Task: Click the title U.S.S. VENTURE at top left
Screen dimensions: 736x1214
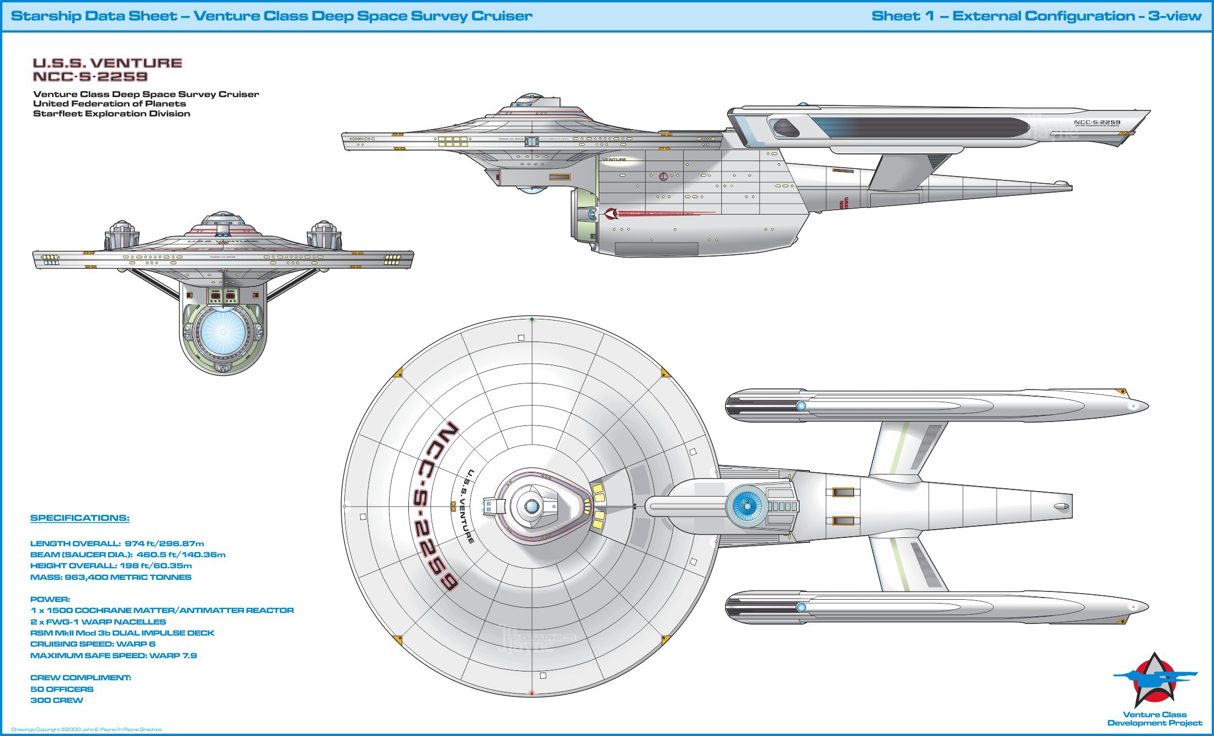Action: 108,63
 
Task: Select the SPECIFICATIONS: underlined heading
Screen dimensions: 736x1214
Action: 80,518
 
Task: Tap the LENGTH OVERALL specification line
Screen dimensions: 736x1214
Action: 117,543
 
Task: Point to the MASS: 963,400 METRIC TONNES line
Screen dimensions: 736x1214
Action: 111,577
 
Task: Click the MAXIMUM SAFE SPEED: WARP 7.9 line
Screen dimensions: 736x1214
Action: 114,655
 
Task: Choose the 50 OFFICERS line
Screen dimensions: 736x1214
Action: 62,689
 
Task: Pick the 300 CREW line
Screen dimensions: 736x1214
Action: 57,700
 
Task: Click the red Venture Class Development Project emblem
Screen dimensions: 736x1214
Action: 1154,680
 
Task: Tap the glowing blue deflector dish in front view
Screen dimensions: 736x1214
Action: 223,332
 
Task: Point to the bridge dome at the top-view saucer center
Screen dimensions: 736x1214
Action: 531,506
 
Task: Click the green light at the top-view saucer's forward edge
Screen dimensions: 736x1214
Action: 532,319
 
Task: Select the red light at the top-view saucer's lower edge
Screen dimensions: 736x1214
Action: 531,693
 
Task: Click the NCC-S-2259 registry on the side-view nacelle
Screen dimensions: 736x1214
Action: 1097,122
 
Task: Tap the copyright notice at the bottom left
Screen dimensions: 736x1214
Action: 87,729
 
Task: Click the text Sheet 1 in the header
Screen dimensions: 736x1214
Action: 903,16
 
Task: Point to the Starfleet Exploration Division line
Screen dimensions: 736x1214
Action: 111,114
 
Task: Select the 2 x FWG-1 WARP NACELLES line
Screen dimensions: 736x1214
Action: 98,622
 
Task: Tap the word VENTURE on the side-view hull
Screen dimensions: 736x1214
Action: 614,159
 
